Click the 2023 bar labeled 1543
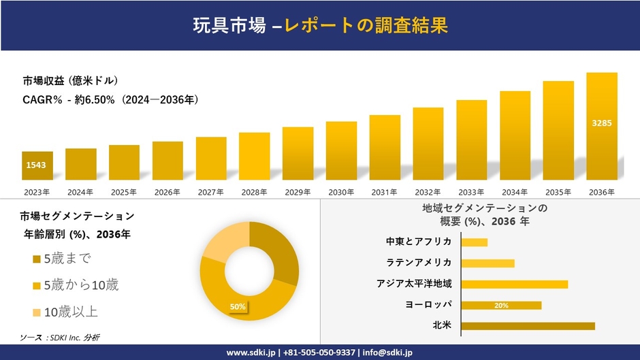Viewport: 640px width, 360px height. (x=37, y=165)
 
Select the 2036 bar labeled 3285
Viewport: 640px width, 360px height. (x=602, y=126)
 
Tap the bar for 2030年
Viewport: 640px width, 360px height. (x=341, y=150)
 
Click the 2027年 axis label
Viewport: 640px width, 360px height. (x=210, y=193)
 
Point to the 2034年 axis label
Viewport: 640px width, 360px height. (x=515, y=193)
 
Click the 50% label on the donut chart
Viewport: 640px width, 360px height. (x=238, y=307)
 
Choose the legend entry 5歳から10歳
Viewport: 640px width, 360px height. (x=75, y=285)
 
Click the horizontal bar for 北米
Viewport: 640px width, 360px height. (x=528, y=326)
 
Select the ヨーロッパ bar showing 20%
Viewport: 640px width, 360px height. (x=501, y=306)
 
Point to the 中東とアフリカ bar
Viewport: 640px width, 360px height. (x=475, y=242)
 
